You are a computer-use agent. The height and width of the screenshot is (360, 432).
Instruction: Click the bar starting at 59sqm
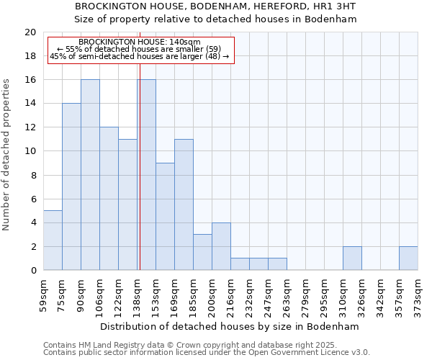tap(53, 240)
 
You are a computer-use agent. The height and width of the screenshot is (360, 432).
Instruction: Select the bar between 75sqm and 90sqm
tap(71, 187)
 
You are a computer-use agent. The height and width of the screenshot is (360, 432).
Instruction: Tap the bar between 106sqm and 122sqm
tap(109, 199)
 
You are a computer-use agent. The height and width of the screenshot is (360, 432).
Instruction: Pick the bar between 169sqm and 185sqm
tap(184, 204)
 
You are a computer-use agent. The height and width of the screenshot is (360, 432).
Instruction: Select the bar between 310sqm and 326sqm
tap(352, 258)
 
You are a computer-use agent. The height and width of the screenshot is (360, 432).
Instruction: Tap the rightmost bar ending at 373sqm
tap(408, 258)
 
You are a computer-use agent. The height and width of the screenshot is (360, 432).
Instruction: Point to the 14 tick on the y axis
tap(31, 104)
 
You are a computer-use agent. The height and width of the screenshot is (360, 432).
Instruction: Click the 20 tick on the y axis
tap(31, 32)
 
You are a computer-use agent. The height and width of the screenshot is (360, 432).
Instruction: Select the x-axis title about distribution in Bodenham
tap(229, 326)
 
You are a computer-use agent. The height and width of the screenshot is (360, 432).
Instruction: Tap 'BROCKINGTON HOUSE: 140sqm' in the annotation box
tap(140, 42)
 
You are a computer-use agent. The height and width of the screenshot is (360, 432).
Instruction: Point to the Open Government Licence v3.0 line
tap(206, 353)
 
